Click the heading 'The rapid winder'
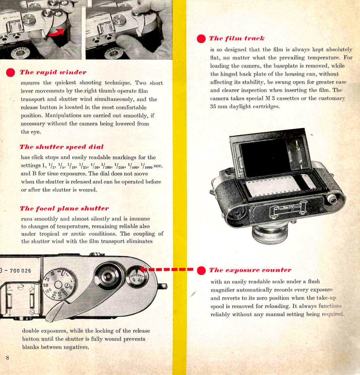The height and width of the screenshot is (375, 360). coord(53,72)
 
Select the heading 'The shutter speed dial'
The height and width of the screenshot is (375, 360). coord(62,147)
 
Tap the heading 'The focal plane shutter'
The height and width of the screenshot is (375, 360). coord(64,209)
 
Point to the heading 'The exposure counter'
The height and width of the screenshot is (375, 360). coord(250,270)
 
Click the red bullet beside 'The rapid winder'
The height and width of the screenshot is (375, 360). coord(11,73)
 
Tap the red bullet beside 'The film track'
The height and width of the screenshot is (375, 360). coord(201,39)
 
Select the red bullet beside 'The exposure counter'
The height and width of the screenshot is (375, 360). coord(201,270)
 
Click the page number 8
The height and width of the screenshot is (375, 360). coord(7,358)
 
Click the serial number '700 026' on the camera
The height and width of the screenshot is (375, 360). coord(20,270)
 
